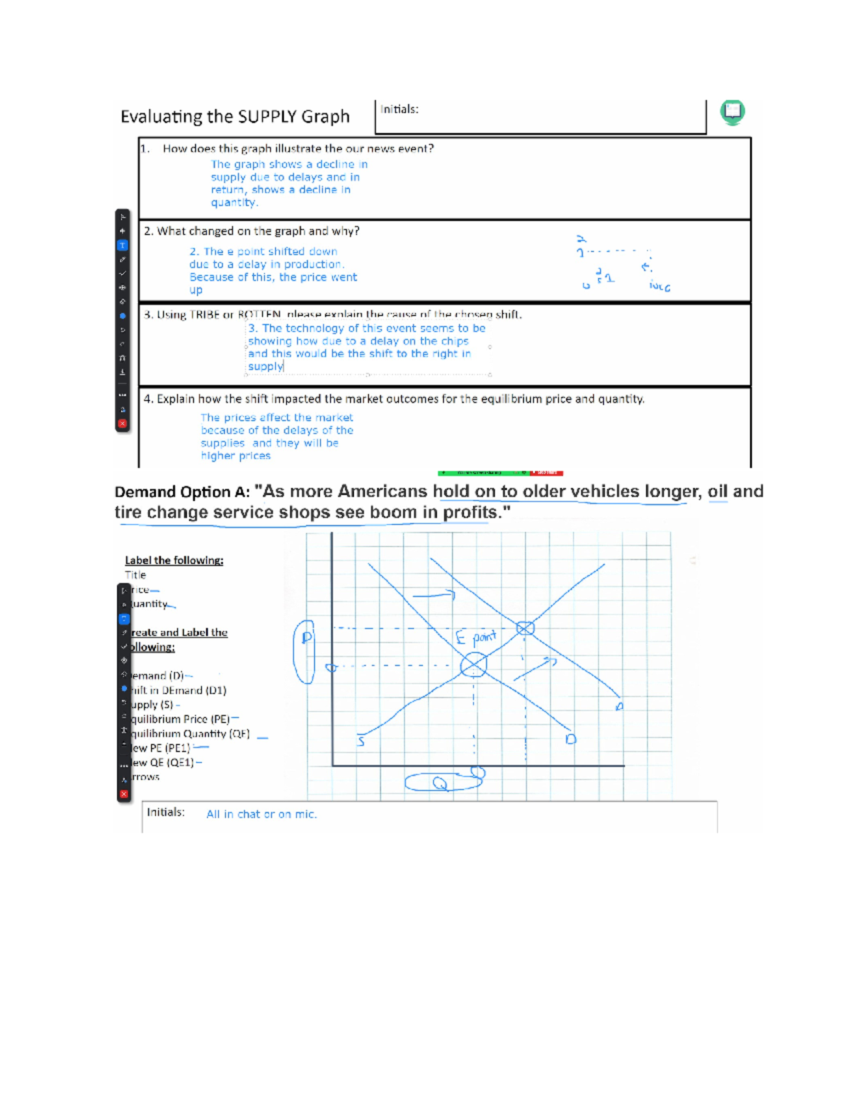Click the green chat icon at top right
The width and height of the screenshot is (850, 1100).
coord(732,112)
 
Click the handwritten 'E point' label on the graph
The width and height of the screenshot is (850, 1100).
coord(476,637)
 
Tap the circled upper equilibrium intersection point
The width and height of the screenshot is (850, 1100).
coord(525,628)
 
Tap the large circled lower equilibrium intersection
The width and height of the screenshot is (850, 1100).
coord(473,665)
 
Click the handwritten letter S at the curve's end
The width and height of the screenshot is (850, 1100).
coord(361,742)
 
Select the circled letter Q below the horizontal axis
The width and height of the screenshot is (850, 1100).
coord(440,783)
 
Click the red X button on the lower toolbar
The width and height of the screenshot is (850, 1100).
coord(124,794)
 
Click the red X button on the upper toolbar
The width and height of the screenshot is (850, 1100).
coord(123,424)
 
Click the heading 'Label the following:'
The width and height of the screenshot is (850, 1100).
coord(174,560)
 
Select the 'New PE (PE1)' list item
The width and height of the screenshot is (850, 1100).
coord(161,748)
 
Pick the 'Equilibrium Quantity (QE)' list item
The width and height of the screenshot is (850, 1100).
coord(190,734)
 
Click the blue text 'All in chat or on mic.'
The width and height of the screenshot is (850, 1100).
coord(261,815)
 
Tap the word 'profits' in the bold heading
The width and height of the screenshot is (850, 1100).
coord(470,512)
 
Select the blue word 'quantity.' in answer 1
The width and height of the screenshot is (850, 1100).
coord(234,203)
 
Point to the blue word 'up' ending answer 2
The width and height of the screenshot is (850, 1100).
coord(195,290)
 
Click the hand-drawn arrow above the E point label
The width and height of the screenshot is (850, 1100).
coord(433,596)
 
